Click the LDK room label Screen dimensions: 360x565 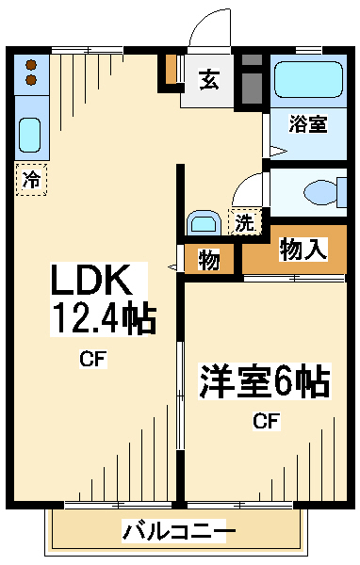pyautogui.click(x=90, y=280)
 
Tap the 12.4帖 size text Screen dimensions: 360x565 pyautogui.click(x=105, y=319)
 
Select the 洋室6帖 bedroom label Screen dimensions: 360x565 pyautogui.click(x=265, y=381)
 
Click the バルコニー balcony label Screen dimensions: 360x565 pyautogui.click(x=179, y=530)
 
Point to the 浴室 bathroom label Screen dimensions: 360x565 pyautogui.click(x=307, y=123)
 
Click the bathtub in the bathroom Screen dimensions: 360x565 pyautogui.click(x=308, y=79)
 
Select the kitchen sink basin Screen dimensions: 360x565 pyautogui.click(x=29, y=135)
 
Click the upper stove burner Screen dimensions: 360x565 pyautogui.click(x=31, y=65)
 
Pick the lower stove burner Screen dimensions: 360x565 pyautogui.click(x=31, y=80)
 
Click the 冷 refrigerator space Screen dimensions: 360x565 pyautogui.click(x=31, y=180)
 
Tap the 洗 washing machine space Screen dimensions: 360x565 pyautogui.click(x=245, y=222)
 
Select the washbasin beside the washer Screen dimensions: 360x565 pyautogui.click(x=205, y=223)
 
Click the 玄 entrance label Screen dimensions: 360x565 pyautogui.click(x=209, y=80)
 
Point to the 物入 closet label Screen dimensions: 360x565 pyautogui.click(x=303, y=250)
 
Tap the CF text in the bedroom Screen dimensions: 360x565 pyautogui.click(x=266, y=421)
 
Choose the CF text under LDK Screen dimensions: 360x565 pyautogui.click(x=93, y=359)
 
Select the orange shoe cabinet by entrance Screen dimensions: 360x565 pyautogui.click(x=171, y=69)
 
